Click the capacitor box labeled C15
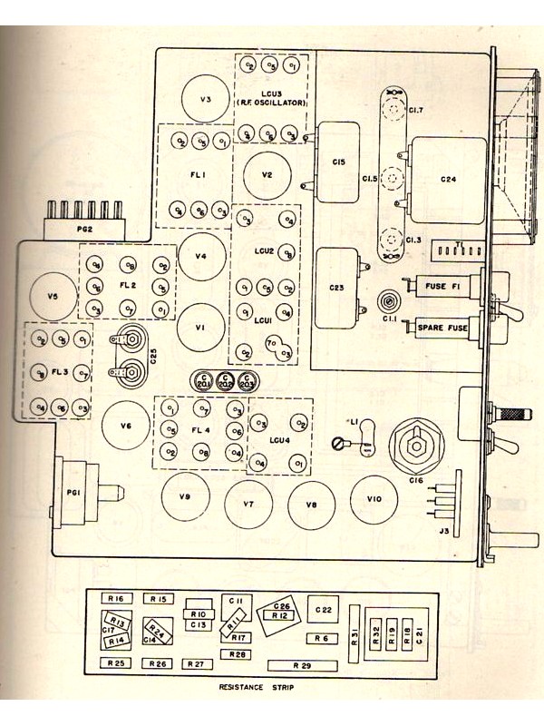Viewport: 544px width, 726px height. pos(338,162)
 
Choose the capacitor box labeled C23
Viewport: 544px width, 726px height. pos(336,287)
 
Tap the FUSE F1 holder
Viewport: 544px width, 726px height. pos(443,287)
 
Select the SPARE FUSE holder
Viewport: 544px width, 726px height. pos(443,326)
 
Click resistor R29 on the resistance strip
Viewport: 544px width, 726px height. pos(302,666)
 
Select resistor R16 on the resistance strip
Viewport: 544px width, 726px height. pos(115,599)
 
